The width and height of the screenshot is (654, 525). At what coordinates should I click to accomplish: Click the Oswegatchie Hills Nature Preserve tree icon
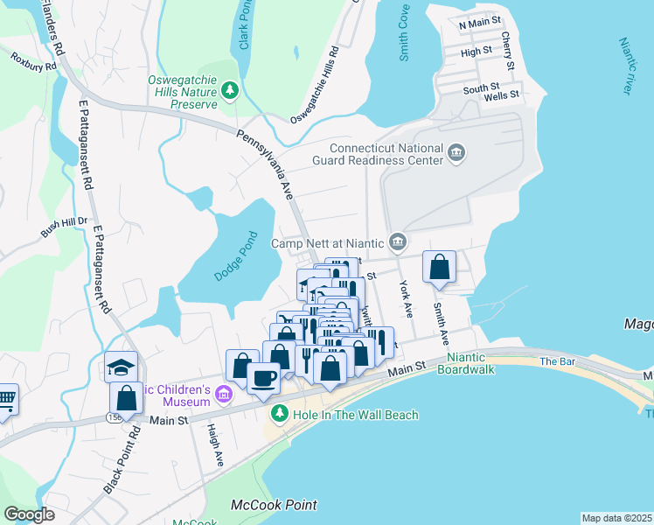click(230, 89)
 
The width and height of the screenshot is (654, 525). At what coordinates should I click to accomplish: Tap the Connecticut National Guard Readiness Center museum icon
click(456, 155)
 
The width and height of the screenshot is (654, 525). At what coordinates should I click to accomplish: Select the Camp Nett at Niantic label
click(328, 242)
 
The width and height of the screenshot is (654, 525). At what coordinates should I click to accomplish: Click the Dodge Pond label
click(236, 256)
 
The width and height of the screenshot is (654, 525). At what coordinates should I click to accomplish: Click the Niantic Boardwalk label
click(470, 363)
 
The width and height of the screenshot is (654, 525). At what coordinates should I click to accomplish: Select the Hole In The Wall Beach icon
click(279, 414)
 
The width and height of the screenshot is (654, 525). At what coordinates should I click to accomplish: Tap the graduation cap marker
click(122, 366)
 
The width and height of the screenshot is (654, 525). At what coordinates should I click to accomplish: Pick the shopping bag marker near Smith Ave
click(439, 268)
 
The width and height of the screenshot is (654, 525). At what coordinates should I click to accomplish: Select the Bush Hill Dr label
click(65, 227)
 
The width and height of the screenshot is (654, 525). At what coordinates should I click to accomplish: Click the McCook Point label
click(274, 505)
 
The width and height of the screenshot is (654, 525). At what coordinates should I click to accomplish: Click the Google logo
click(29, 514)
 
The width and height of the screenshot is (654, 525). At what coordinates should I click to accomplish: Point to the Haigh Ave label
click(213, 447)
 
